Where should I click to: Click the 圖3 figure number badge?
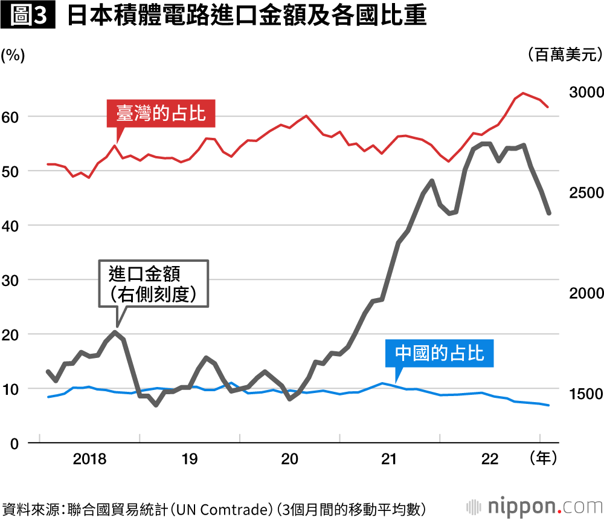point(28,16)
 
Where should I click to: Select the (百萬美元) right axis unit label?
point(565,55)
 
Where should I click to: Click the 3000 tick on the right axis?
point(585,92)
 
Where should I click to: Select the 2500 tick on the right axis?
point(585,192)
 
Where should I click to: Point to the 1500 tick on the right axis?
point(585,394)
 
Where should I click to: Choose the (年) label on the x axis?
point(542,459)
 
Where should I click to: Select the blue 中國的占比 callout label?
point(440,353)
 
